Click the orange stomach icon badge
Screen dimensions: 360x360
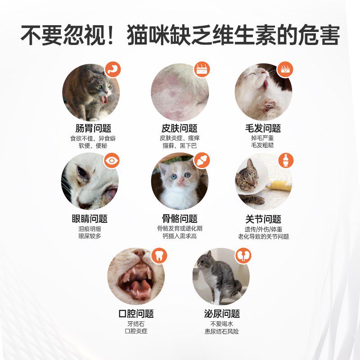point(112,70)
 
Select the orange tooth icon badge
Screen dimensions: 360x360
point(158,255)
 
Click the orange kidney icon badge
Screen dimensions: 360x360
point(244,255)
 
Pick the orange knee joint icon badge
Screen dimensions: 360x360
point(285,160)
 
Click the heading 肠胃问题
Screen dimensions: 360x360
point(93,129)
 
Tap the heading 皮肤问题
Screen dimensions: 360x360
point(180,129)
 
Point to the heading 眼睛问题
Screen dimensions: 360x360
point(90,219)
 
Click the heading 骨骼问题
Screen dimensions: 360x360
point(180,219)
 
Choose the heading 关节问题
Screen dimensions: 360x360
point(263,219)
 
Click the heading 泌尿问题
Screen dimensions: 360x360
point(221,314)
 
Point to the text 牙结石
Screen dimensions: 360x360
point(136,324)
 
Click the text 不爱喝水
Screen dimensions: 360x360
point(221,324)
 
